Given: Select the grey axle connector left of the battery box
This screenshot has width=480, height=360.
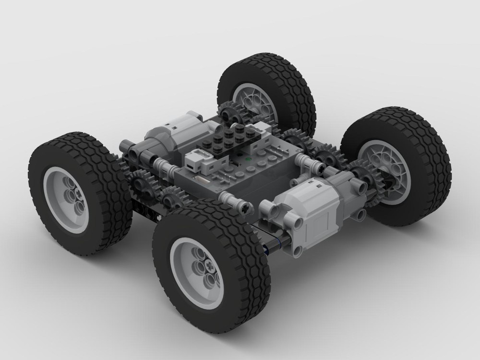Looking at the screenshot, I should (x=163, y=168).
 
